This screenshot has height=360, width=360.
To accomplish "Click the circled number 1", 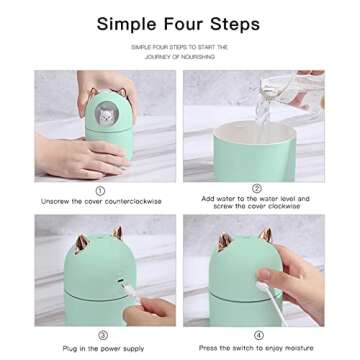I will [100, 190].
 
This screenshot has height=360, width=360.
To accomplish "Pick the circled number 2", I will [256, 188].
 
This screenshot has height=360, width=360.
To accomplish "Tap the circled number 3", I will [101, 336].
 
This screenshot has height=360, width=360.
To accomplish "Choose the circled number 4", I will [258, 336].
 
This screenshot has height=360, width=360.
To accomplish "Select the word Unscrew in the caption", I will [56, 201].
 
